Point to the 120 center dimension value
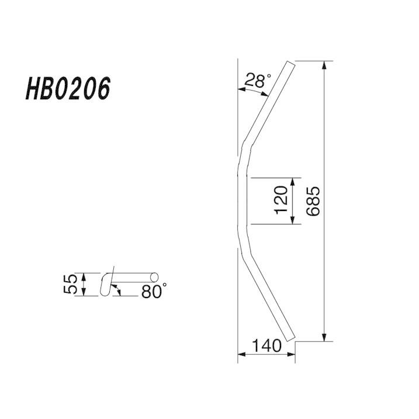(x=281, y=200)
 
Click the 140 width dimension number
(x=268, y=346)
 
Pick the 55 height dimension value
(x=71, y=285)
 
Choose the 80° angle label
(x=154, y=291)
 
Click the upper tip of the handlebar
(x=291, y=63)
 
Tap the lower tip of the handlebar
(x=290, y=338)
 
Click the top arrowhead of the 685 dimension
(x=323, y=65)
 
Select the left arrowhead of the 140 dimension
(x=241, y=353)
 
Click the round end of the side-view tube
(x=155, y=276)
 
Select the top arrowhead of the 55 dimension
(x=84, y=275)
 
